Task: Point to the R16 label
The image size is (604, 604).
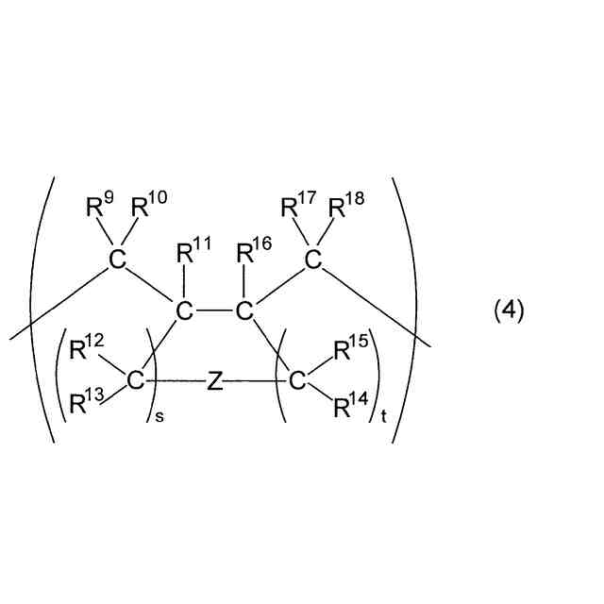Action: pos(253,253)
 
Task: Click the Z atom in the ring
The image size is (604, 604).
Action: pos(215,381)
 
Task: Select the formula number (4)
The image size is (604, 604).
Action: pos(510,310)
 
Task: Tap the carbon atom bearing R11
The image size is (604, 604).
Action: pos(185,310)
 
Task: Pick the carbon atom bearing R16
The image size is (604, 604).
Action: pos(244,310)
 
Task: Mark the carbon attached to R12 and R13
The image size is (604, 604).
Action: pos(135,381)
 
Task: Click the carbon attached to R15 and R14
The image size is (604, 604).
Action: pos(296,381)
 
